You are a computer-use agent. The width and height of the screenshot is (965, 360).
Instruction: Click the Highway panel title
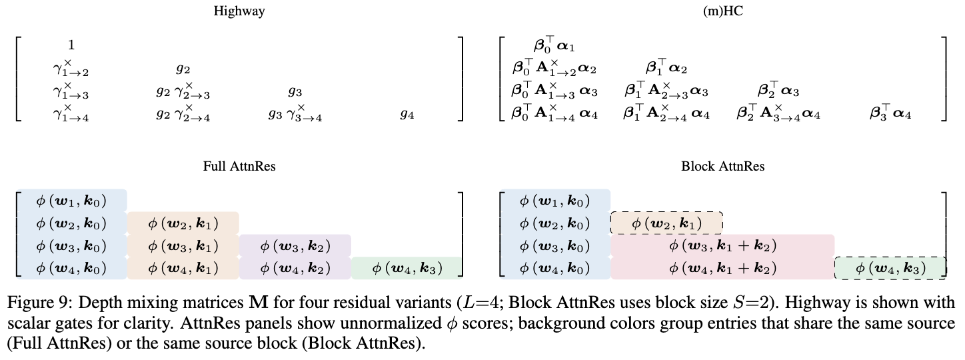click(239, 11)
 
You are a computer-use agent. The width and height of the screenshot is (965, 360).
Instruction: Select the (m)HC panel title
click(722, 11)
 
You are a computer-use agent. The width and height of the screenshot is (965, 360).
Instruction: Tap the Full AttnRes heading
click(239, 167)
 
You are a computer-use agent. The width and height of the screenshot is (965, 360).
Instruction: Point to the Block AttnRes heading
click(722, 167)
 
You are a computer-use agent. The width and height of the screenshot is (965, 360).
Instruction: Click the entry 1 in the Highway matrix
click(71, 45)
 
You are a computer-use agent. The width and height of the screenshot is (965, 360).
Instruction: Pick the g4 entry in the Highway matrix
click(407, 115)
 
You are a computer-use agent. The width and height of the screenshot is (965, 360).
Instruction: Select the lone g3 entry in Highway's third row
click(295, 91)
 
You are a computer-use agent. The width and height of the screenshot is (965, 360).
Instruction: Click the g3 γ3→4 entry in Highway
click(295, 115)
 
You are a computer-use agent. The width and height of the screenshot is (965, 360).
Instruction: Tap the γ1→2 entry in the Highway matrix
click(71, 68)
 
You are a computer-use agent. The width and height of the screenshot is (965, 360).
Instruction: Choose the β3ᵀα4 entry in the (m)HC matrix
click(890, 115)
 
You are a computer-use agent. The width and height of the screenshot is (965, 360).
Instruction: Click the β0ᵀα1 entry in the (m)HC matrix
click(554, 45)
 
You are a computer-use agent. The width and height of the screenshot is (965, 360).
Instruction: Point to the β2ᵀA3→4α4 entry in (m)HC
click(778, 115)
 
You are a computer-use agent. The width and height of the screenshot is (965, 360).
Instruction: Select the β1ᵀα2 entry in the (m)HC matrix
click(666, 68)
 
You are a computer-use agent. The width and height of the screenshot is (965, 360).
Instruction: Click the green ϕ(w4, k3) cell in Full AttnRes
click(407, 268)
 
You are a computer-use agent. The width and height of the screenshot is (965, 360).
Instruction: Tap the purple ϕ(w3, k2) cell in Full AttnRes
click(295, 245)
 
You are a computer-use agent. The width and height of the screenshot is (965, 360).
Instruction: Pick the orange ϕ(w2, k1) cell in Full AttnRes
click(183, 223)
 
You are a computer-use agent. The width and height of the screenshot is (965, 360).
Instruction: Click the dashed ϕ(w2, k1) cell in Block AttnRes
click(666, 223)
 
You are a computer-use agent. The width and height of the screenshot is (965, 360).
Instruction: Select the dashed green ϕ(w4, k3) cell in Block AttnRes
click(890, 268)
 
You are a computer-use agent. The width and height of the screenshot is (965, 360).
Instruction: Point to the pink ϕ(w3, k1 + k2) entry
click(722, 245)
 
